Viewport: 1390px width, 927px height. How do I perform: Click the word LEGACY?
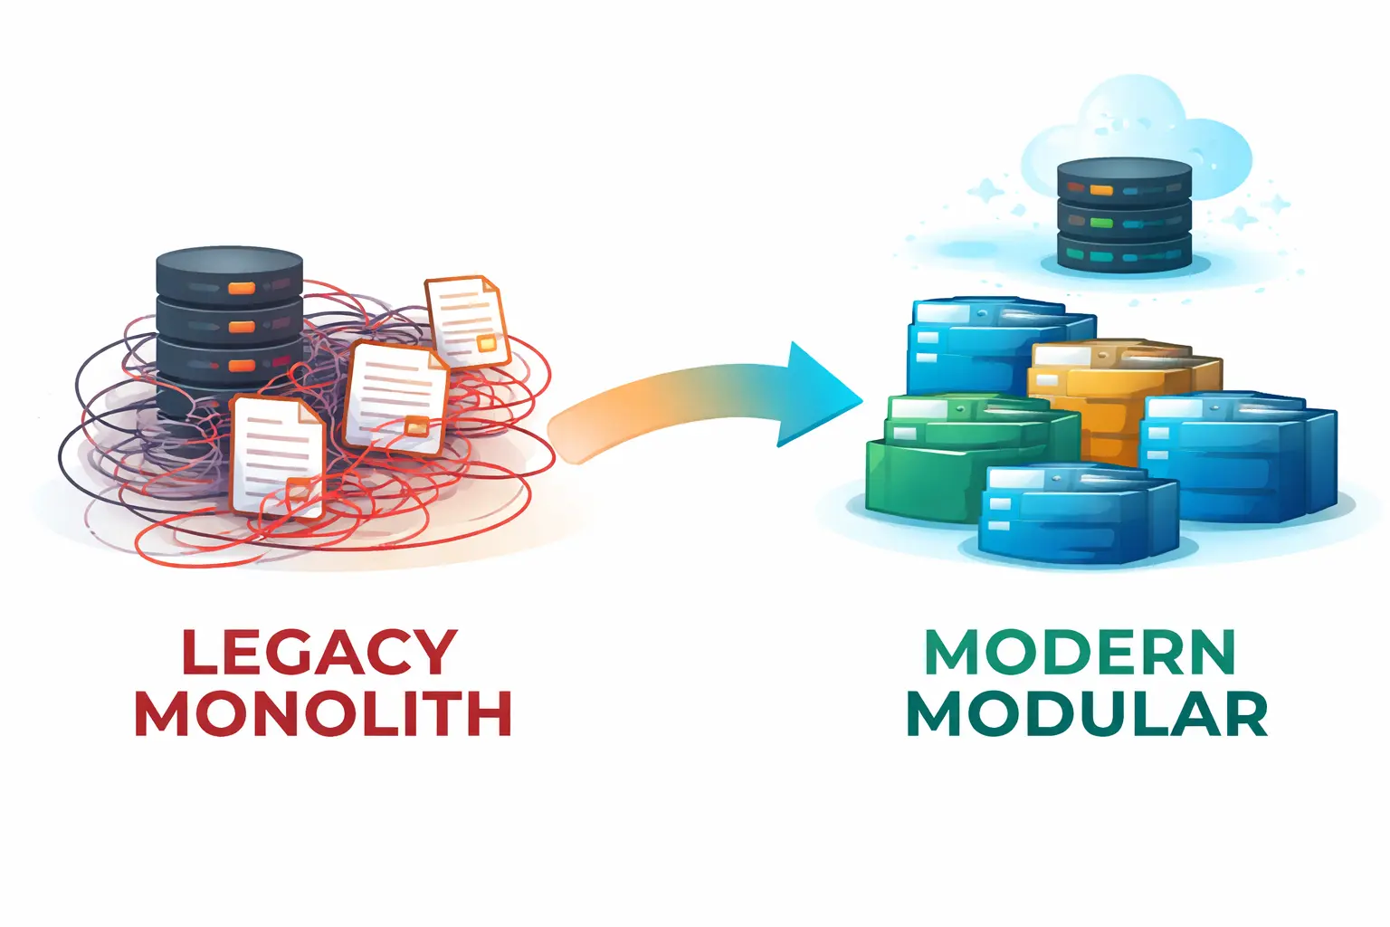[x=319, y=652]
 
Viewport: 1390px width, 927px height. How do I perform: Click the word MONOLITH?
[x=323, y=714]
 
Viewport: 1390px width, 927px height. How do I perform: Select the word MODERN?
[x=1081, y=652]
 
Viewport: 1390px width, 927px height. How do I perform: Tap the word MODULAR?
[x=1087, y=714]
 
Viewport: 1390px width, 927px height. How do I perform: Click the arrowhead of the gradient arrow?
[x=814, y=395]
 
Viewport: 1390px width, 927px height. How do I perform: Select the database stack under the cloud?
[x=1125, y=215]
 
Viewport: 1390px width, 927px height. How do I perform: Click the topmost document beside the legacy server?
[x=465, y=321]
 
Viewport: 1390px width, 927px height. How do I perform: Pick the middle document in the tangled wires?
[x=396, y=398]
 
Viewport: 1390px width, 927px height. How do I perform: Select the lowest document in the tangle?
[x=276, y=457]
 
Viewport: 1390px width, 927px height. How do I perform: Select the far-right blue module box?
[x=1240, y=457]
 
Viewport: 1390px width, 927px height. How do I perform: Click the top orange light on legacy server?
[x=242, y=289]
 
